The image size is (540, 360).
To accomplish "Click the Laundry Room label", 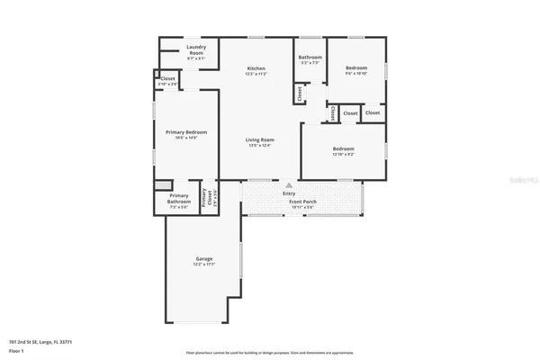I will point(195,49).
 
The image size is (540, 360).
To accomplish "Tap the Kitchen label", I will point(256,68).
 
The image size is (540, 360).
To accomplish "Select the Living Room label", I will point(261,139).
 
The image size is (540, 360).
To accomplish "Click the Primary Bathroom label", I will point(178,198).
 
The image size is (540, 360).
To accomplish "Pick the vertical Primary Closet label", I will point(205,195).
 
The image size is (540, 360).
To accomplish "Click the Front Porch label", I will point(301,202).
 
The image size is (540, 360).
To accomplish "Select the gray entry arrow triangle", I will point(289,185).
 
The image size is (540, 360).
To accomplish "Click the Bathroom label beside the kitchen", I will point(310,58).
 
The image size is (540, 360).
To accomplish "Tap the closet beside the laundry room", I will point(168,79).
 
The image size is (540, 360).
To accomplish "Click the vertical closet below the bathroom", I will point(297,93).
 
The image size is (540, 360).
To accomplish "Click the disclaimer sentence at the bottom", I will point(269,352).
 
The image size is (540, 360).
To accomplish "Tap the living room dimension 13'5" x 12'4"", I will point(261,145).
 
